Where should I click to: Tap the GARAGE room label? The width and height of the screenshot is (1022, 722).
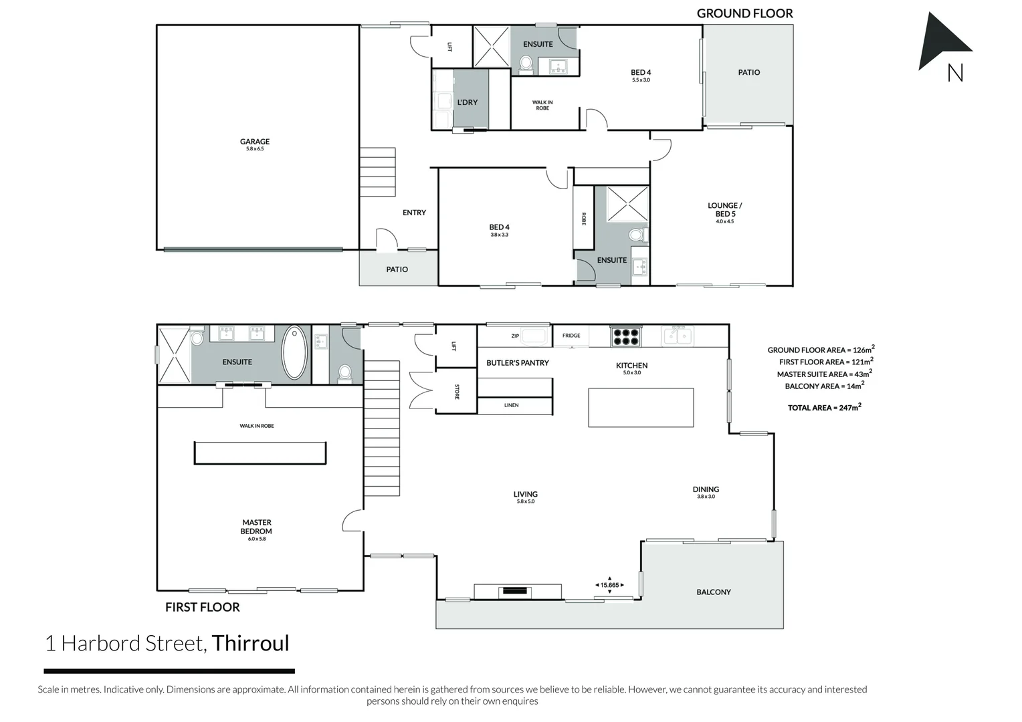coord(255,142)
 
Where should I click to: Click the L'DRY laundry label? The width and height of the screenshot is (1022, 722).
coord(468,102)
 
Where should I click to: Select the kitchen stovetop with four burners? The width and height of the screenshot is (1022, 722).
coord(626,336)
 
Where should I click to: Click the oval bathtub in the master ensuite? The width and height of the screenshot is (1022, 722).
coord(294,352)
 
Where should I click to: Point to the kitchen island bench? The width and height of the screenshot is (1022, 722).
coord(641,407)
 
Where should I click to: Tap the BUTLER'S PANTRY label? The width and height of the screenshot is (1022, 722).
coord(517,363)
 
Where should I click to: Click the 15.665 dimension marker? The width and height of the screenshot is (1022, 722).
coord(609,585)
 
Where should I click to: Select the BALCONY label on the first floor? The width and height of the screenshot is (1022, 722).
coord(713,592)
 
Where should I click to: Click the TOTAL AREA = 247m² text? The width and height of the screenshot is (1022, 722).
coord(824,407)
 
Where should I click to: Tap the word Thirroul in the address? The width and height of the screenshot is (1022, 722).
coord(250,643)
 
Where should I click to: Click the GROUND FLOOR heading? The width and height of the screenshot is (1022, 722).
coord(744,13)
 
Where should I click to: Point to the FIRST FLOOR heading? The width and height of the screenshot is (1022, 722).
coord(202,607)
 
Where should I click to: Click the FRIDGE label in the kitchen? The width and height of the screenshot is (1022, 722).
coord(571,336)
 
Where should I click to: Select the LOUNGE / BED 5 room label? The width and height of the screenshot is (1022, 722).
coord(725,210)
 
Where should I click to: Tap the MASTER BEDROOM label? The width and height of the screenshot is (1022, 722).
coord(257,527)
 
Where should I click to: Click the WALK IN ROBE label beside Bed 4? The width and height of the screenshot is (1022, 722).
coord(542,105)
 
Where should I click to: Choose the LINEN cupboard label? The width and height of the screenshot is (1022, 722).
coord(511,405)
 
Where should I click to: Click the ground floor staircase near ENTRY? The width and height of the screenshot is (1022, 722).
coord(377,172)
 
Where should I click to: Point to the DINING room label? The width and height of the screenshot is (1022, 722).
coord(706,489)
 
